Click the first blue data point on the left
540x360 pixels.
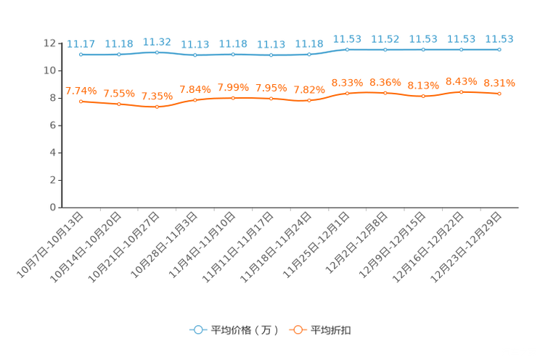[x=81, y=54]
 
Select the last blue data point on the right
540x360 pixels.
[x=499, y=49]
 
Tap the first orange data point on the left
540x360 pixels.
[x=81, y=102]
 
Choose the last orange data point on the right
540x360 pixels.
[x=499, y=94]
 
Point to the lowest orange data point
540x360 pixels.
[x=157, y=107]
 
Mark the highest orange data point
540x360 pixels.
[x=461, y=92]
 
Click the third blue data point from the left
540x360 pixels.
[x=157, y=52]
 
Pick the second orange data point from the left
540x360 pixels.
[x=119, y=104]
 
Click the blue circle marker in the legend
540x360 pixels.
[x=198, y=330]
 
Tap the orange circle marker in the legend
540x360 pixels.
[x=298, y=330]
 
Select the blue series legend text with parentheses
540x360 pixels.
[x=245, y=330]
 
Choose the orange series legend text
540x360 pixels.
[x=332, y=330]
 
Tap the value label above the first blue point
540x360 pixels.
[x=81, y=43]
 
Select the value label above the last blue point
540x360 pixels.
[x=499, y=38]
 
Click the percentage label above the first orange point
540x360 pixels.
[x=81, y=91]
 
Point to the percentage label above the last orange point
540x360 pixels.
[x=499, y=83]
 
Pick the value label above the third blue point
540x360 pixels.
[x=157, y=41]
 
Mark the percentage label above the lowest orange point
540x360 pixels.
[x=157, y=96]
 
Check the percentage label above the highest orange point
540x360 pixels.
[x=461, y=80]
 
